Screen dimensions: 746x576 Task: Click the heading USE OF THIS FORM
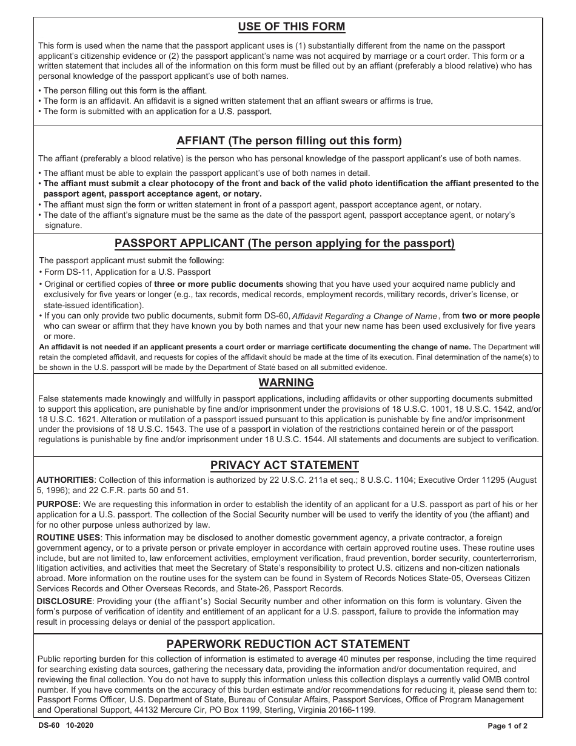pyautogui.click(x=292, y=27)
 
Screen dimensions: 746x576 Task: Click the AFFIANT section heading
pyautogui.click(x=289, y=141)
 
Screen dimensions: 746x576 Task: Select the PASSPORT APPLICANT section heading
pyautogui.click(x=284, y=244)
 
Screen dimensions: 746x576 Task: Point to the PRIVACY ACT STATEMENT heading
pyautogui.click(x=284, y=465)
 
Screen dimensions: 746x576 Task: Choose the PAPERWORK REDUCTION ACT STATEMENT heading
pyautogui.click(x=288, y=644)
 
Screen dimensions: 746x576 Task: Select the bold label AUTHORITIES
pyautogui.click(x=65, y=480)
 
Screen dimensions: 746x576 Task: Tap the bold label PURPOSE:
pyautogui.click(x=59, y=505)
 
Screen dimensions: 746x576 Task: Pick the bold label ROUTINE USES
pyautogui.click(x=68, y=538)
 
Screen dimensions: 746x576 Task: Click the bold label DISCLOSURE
pyautogui.click(x=64, y=601)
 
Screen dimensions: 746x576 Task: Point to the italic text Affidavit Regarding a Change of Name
pyautogui.click(x=365, y=316)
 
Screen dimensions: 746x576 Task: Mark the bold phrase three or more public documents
pyautogui.click(x=219, y=284)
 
